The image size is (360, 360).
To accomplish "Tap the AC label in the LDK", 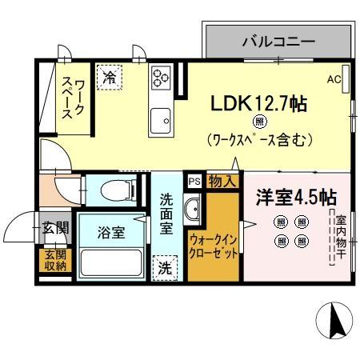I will pos(334,79).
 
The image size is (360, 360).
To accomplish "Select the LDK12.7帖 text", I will pos(259,104).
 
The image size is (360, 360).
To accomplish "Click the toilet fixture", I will pos(116,190).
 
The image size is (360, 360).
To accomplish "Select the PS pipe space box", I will pos(193,182).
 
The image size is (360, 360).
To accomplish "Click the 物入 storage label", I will pos(222,182).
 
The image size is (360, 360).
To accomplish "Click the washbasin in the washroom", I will pos(193,212).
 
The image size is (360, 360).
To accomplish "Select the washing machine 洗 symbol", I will pos(163,266).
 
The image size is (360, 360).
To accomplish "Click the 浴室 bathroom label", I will pos(111,233).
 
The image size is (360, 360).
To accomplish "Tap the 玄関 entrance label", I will pos(54,228).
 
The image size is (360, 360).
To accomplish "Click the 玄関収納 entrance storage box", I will pos(54,260).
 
